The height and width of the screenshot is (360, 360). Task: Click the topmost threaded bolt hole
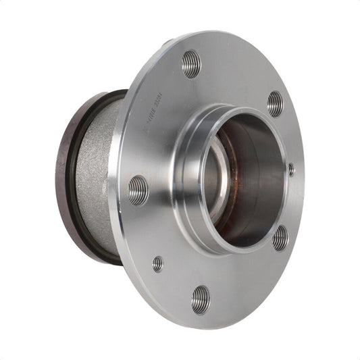[191, 63]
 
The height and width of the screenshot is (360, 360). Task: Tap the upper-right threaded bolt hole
[275, 103]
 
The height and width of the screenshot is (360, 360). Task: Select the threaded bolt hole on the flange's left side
[138, 190]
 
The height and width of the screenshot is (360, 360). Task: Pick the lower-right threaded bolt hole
[280, 237]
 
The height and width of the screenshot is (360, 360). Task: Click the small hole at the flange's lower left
[157, 263]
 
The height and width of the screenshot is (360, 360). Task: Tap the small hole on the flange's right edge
[291, 170]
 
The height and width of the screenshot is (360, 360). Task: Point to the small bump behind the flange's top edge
[166, 44]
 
